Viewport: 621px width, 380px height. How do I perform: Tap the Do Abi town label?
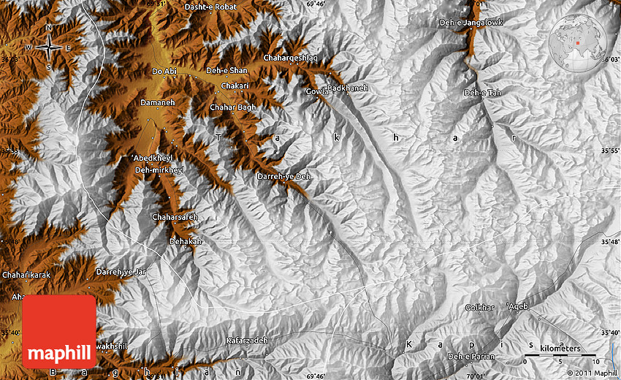pyautogui.click(x=164, y=72)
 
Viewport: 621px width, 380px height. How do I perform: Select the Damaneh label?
pyautogui.click(x=158, y=103)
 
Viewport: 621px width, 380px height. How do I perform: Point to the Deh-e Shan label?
pyautogui.click(x=227, y=70)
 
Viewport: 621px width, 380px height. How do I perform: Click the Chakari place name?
pyautogui.click(x=235, y=85)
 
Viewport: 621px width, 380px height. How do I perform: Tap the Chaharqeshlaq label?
pyautogui.click(x=292, y=57)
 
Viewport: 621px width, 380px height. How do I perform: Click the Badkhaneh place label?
pyautogui.click(x=348, y=88)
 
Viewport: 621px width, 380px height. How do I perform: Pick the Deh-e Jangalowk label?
pyautogui.click(x=471, y=23)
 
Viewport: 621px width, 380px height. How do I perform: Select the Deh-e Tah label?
pyautogui.click(x=483, y=93)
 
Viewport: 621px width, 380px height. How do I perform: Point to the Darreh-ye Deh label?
pyautogui.click(x=284, y=176)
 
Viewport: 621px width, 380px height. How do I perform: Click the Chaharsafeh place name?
pyautogui.click(x=175, y=217)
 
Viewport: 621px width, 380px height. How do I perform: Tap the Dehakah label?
pyautogui.click(x=186, y=240)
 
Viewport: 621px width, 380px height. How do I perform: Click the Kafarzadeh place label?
pyautogui.click(x=247, y=341)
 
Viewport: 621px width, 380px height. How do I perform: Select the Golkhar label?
pyautogui.click(x=480, y=308)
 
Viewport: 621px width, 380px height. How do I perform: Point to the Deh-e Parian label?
pyautogui.click(x=471, y=357)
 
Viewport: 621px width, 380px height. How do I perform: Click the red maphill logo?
pyautogui.click(x=59, y=331)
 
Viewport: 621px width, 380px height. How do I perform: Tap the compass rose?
pyautogui.click(x=49, y=47)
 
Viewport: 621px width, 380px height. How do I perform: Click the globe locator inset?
pyautogui.click(x=578, y=43)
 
